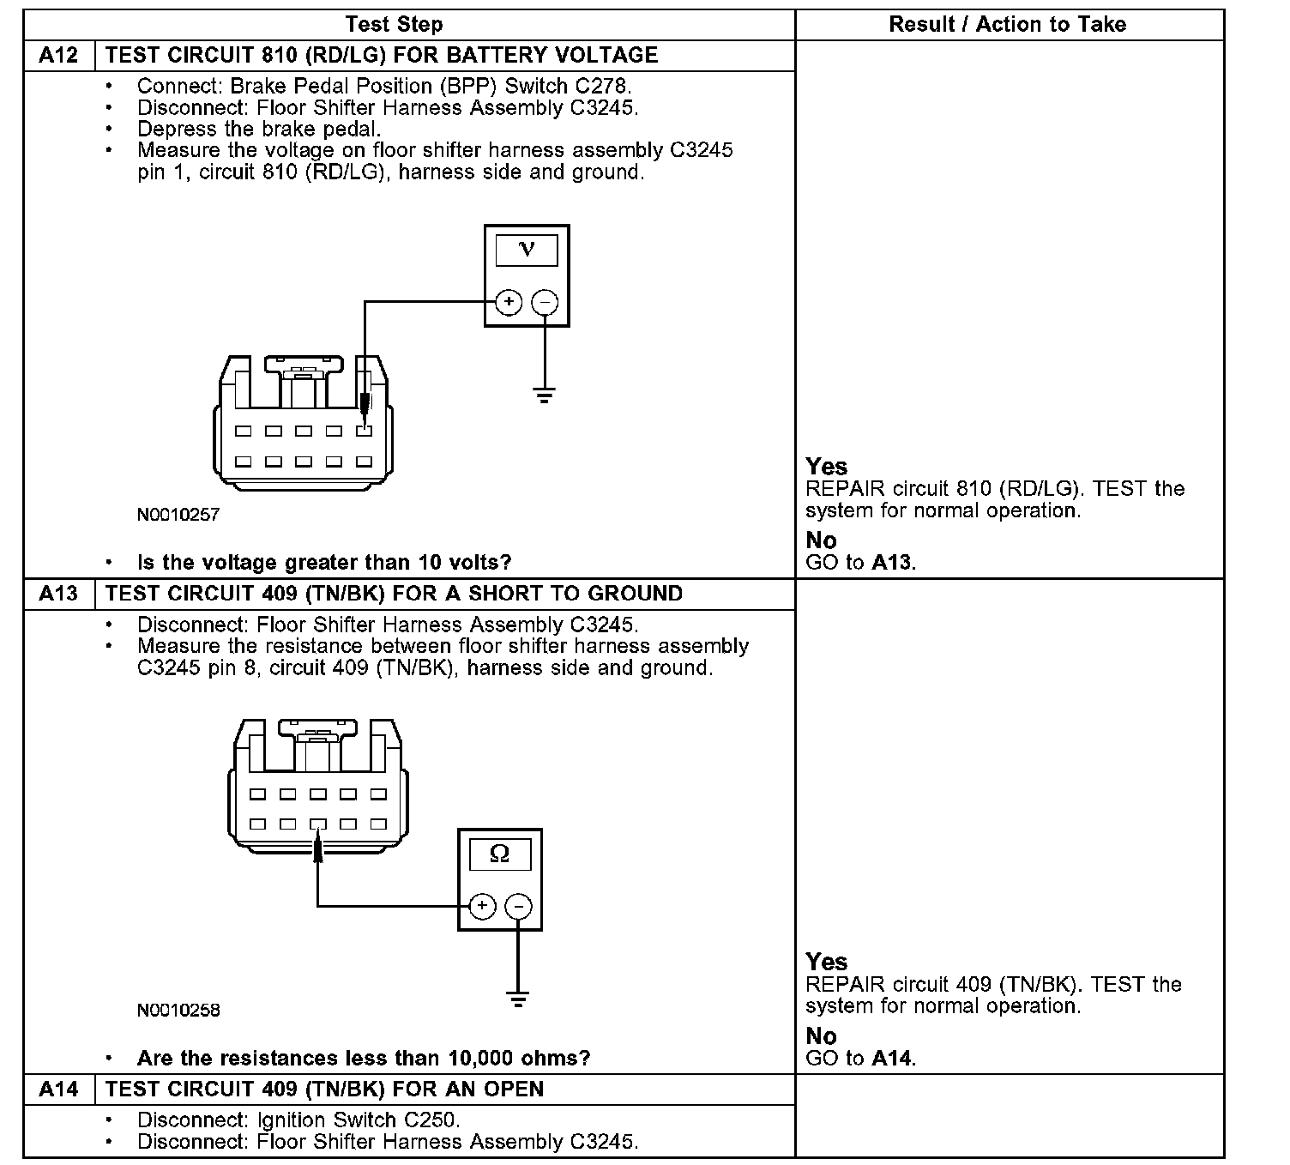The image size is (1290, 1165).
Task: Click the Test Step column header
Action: (x=395, y=24)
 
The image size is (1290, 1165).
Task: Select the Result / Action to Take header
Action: (x=1007, y=24)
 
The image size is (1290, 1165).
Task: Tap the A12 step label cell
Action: (x=58, y=56)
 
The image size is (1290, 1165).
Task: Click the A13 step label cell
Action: (x=58, y=594)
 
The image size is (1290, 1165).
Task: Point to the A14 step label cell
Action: (x=58, y=1090)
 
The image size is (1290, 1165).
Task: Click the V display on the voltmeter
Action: (x=527, y=250)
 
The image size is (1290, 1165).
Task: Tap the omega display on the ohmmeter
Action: (x=499, y=854)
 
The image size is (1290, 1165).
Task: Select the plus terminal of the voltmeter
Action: (x=509, y=302)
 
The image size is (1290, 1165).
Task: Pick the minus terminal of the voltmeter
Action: (x=545, y=302)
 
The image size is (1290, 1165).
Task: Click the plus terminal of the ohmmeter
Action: (x=482, y=906)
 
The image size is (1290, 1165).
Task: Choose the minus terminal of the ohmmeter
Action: (x=518, y=906)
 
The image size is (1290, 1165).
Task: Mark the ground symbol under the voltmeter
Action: (x=544, y=395)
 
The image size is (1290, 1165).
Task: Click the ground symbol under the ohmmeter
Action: (x=517, y=999)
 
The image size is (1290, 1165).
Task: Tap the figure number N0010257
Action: (x=178, y=516)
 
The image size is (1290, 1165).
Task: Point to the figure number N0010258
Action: (x=178, y=1011)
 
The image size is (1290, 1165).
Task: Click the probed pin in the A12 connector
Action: (x=364, y=431)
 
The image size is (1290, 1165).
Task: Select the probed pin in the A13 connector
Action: (x=318, y=824)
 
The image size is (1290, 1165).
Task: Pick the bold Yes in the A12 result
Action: (x=826, y=467)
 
